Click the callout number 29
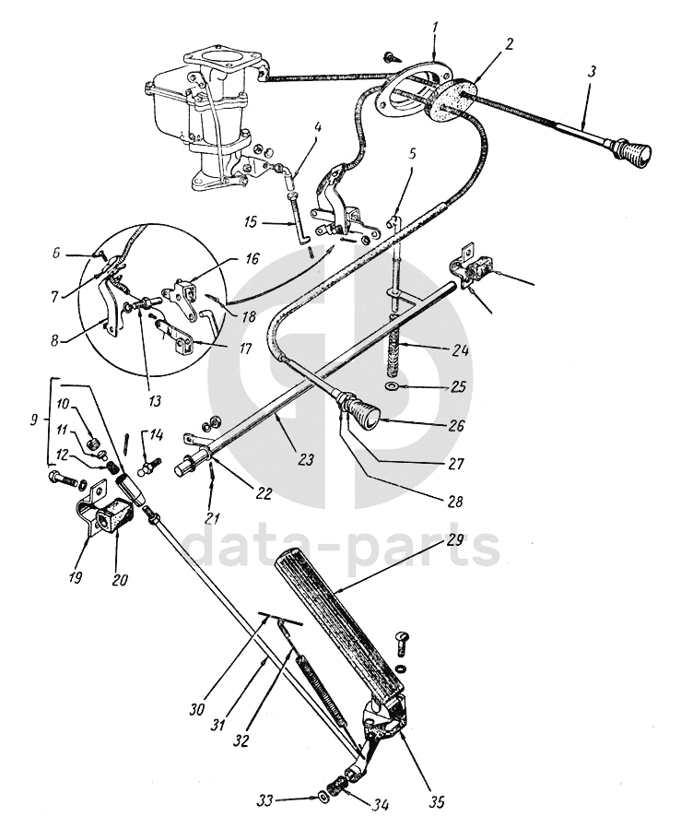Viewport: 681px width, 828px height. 455,541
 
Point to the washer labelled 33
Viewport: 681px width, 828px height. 322,795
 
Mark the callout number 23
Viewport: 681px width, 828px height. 305,459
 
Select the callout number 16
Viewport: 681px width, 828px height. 252,259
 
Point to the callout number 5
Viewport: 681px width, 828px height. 412,154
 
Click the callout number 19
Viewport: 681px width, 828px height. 75,578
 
